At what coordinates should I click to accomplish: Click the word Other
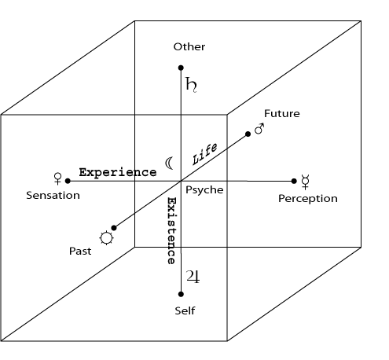pyautogui.click(x=189, y=46)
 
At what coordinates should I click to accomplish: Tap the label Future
pyautogui.click(x=282, y=113)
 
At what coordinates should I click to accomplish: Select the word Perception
pyautogui.click(x=308, y=199)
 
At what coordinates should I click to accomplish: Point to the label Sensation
pyautogui.click(x=53, y=196)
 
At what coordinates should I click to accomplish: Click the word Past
pyautogui.click(x=80, y=251)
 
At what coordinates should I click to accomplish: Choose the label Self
pyautogui.click(x=185, y=310)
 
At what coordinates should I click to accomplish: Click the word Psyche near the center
pyautogui.click(x=204, y=190)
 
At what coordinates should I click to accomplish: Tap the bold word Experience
pyautogui.click(x=118, y=172)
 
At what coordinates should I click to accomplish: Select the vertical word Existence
pyautogui.click(x=171, y=230)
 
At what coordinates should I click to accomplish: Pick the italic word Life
pyautogui.click(x=205, y=154)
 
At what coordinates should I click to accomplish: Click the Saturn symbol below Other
pyautogui.click(x=191, y=85)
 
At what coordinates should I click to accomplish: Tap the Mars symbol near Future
pyautogui.click(x=259, y=129)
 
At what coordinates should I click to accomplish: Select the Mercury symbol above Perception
pyautogui.click(x=305, y=182)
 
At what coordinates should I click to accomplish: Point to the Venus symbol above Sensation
pyautogui.click(x=57, y=178)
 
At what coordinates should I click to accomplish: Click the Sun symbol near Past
pyautogui.click(x=106, y=238)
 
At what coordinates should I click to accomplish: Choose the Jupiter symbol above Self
pyautogui.click(x=193, y=277)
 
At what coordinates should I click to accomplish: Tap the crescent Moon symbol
pyautogui.click(x=169, y=163)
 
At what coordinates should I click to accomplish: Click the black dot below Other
pyautogui.click(x=181, y=68)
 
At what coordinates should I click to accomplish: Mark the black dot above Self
pyautogui.click(x=181, y=294)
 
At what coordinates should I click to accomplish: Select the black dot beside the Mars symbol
pyautogui.click(x=248, y=134)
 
